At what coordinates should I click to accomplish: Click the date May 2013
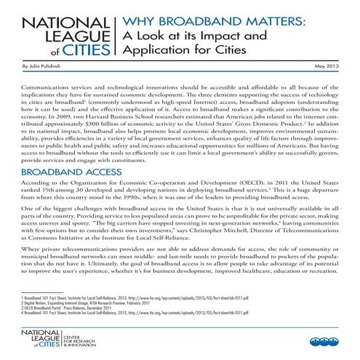[329, 66]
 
